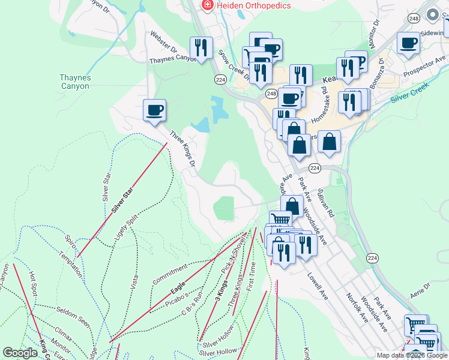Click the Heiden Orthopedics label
click(x=254, y=5)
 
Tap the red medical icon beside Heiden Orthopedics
click(x=207, y=5)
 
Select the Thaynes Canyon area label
click(x=74, y=82)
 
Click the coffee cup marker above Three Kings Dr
click(x=154, y=110)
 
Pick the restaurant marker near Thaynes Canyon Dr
click(x=201, y=47)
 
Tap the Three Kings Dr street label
click(x=182, y=149)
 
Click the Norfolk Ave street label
click(x=357, y=307)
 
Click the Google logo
click(x=20, y=353)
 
